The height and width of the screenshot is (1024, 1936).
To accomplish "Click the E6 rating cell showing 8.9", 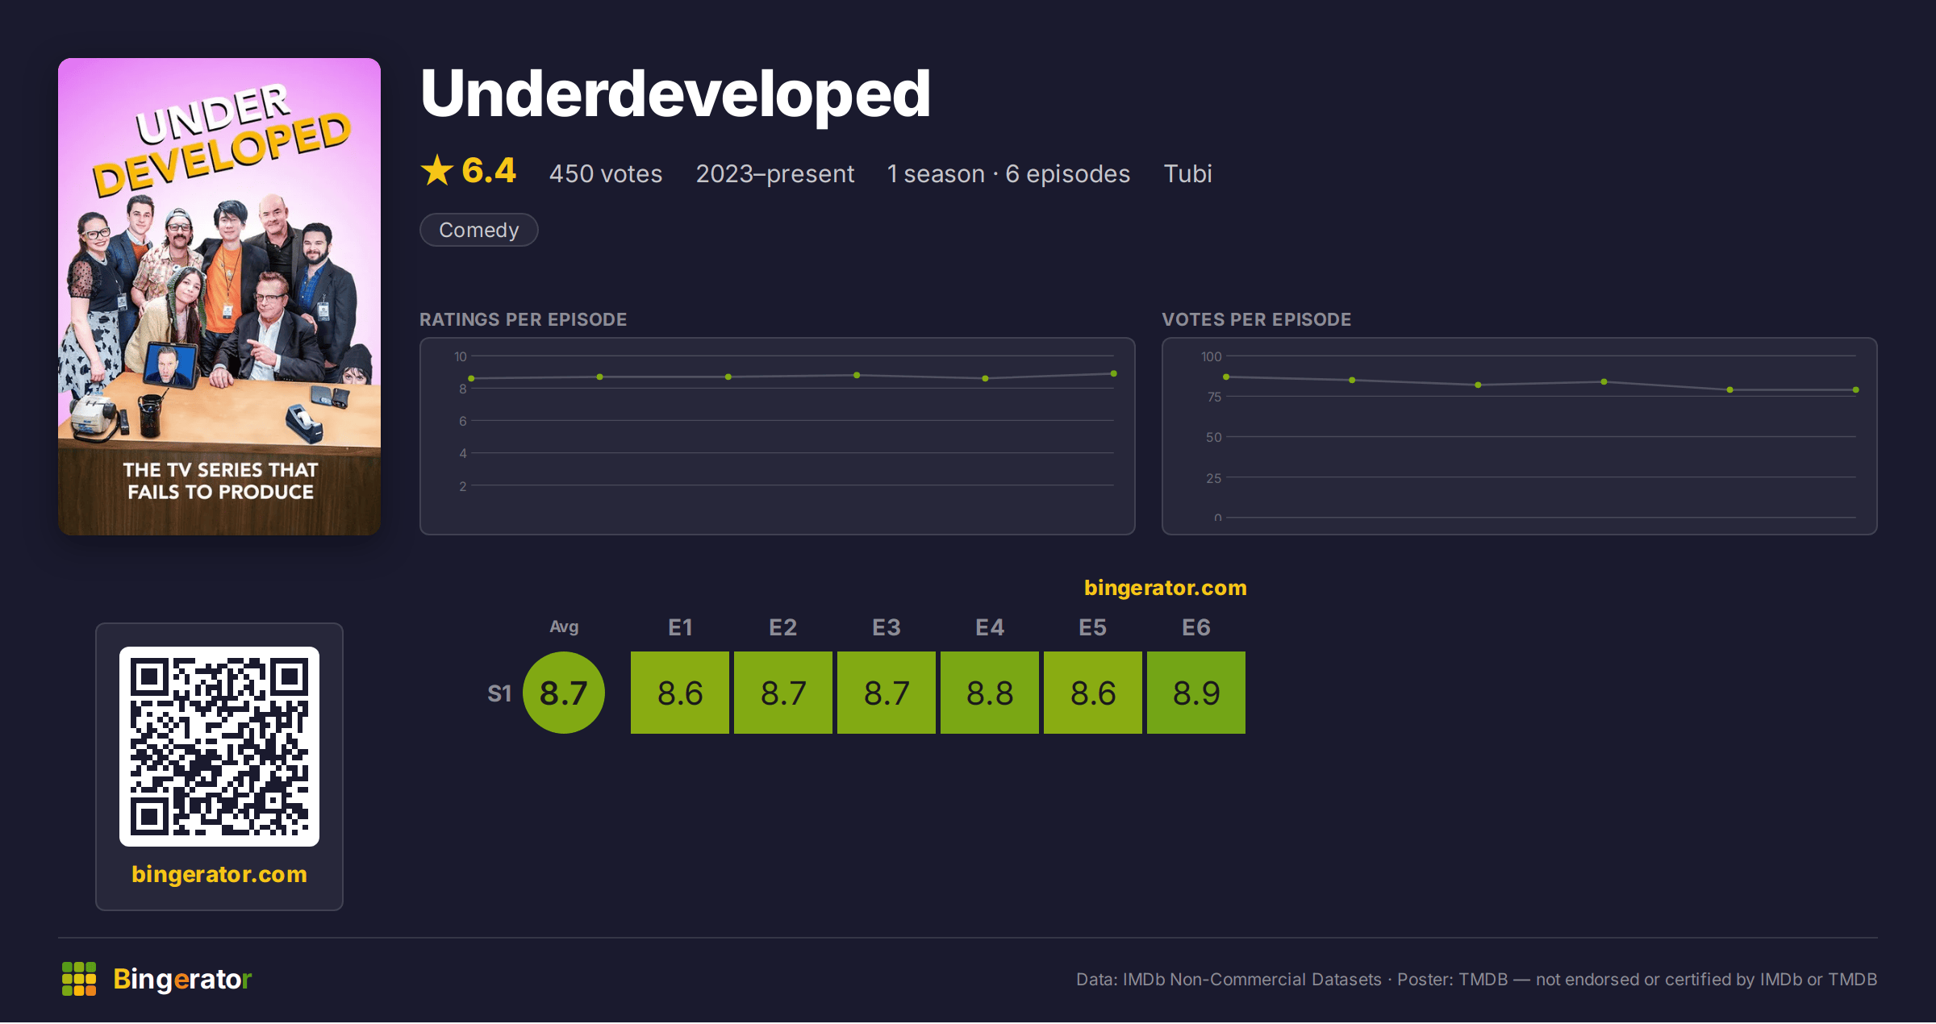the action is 1196,693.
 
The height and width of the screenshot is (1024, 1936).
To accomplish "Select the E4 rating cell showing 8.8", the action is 990,693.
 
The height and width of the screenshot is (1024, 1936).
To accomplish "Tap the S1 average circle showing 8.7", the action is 564,693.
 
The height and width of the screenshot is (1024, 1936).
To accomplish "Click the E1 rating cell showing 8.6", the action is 680,693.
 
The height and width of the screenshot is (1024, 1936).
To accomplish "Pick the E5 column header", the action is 1093,627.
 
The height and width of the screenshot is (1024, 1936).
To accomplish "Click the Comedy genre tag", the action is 479,230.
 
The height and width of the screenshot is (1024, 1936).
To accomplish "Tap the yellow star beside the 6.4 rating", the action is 437,170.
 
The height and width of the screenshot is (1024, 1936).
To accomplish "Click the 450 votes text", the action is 606,173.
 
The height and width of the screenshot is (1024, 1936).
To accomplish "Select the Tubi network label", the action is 1187,173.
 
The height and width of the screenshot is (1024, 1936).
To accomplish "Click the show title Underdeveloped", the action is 675,94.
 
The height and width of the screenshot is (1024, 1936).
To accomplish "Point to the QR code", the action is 219,747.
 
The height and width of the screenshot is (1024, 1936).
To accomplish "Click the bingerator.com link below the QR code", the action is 219,874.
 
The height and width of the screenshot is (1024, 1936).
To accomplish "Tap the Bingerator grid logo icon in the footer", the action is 79,979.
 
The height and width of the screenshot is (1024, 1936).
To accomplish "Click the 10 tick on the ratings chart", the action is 461,356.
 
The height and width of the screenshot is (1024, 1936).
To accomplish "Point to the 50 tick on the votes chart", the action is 1214,437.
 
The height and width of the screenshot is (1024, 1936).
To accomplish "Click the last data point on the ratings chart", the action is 1114,373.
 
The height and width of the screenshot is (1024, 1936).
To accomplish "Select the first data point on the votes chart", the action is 1226,377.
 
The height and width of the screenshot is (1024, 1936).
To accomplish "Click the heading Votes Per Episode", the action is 1257,319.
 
